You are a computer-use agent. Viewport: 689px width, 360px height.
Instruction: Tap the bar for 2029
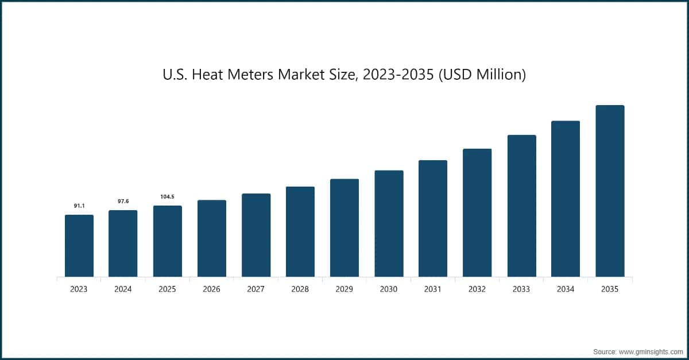344,228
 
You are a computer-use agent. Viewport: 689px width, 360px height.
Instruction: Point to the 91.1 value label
79,206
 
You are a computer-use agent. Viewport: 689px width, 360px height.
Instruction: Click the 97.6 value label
123,201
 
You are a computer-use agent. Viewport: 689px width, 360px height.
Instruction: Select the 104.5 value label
167,197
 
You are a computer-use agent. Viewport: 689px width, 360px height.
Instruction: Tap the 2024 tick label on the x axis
123,289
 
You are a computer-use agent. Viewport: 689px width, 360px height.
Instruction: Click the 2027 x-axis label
256,289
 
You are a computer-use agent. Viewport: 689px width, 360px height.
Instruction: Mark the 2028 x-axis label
300,289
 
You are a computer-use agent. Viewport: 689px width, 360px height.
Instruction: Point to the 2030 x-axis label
388,289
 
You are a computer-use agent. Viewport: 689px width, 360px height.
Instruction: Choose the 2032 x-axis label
477,289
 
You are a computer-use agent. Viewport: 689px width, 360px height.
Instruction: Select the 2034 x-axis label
566,289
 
